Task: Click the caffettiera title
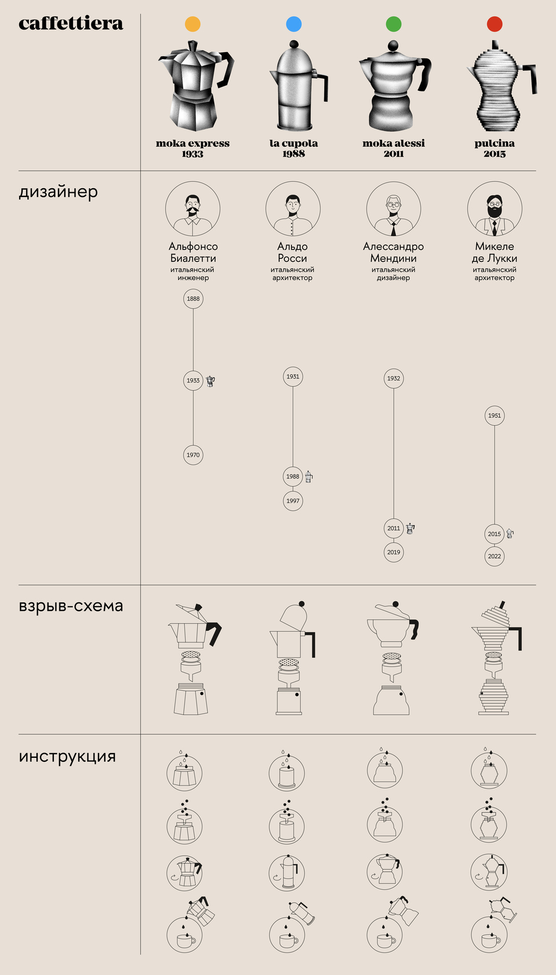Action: (x=71, y=23)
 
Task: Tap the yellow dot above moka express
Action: (x=193, y=24)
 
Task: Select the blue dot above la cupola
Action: (x=294, y=24)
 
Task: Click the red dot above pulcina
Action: (x=495, y=24)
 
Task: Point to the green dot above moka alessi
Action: (x=394, y=24)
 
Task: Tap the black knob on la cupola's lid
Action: (x=294, y=44)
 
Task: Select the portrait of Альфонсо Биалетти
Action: (x=193, y=209)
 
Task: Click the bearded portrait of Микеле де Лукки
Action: (x=495, y=209)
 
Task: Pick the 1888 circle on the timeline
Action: (x=193, y=298)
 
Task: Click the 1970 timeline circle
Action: (x=193, y=455)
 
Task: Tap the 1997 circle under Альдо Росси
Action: (x=293, y=501)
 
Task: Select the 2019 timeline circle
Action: (x=394, y=552)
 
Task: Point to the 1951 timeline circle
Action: (x=495, y=415)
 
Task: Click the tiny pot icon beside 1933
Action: (x=210, y=381)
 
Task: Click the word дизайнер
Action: (x=58, y=192)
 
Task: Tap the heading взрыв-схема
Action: (x=71, y=606)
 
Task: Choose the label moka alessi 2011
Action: (x=394, y=148)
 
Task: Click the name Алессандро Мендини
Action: (x=394, y=252)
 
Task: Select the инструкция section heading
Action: (x=67, y=757)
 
